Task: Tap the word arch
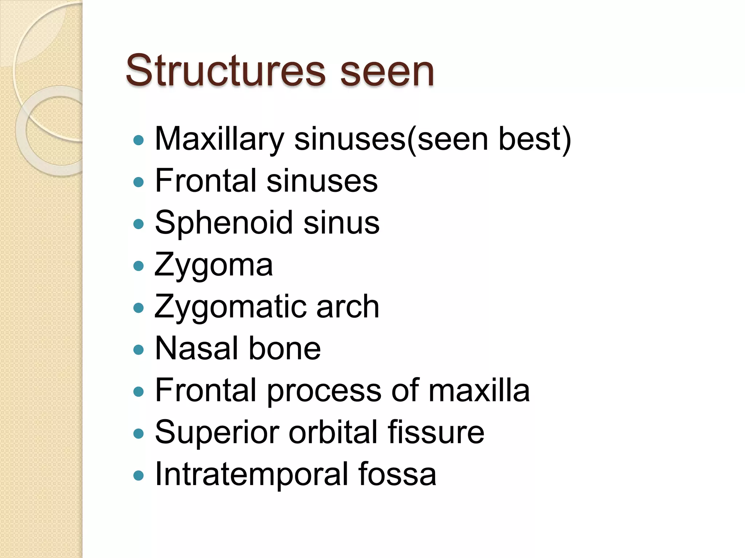pos(348,307)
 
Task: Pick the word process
pos(324,391)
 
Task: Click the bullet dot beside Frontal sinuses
pos(139,182)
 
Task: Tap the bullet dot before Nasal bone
pos(139,349)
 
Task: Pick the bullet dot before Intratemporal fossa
pos(139,475)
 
